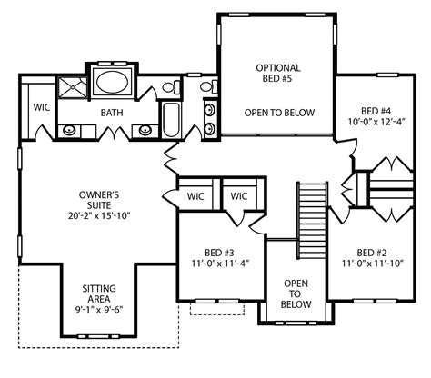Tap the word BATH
[112, 113]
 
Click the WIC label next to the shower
[42, 106]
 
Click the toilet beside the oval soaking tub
[168, 86]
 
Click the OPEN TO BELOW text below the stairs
[296, 293]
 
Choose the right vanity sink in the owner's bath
[147, 129]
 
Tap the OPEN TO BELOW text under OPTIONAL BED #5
[278, 113]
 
